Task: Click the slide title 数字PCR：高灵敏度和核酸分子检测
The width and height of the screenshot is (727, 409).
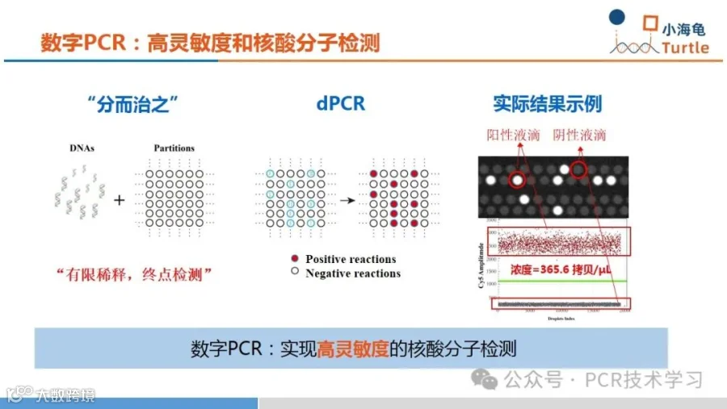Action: pos(210,42)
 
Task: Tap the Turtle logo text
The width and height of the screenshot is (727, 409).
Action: pos(685,48)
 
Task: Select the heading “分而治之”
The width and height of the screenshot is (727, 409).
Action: pos(131,105)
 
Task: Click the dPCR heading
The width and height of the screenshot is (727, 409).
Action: pos(340,105)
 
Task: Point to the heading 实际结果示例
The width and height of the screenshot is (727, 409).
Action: pos(547,105)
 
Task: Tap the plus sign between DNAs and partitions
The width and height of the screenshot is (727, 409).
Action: pos(119,198)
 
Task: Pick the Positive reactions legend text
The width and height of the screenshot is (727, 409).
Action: pos(351,259)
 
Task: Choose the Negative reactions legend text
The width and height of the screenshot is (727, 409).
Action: pos(353,273)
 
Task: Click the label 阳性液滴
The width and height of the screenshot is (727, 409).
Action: pos(513,136)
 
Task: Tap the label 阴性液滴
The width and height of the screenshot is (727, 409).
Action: pos(579,136)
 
